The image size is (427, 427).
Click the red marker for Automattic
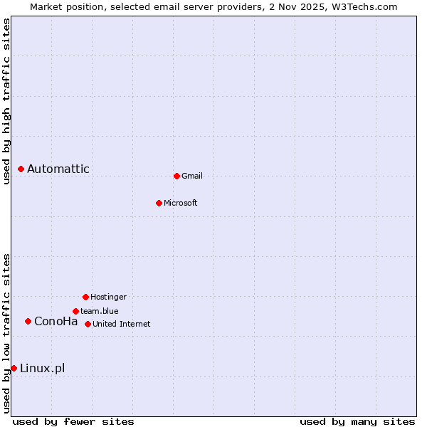tap(21, 169)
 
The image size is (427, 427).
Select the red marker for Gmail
tap(176, 176)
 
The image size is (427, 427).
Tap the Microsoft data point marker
tap(159, 203)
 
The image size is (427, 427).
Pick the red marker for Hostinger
tap(85, 297)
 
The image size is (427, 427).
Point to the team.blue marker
tap(75, 311)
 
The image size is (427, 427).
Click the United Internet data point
tap(88, 324)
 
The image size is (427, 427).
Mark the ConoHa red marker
tap(28, 321)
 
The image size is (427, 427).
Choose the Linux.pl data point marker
tap(14, 368)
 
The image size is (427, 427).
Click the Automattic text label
tap(58, 169)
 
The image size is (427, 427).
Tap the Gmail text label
tap(192, 176)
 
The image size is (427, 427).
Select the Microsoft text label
tap(181, 203)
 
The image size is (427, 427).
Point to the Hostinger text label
tap(108, 297)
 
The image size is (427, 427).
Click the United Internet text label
tap(122, 324)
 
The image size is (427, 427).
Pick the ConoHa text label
tap(56, 321)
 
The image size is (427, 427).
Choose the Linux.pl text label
tap(43, 368)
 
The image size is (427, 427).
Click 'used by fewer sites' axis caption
tap(73, 421)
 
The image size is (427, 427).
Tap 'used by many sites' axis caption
tap(357, 421)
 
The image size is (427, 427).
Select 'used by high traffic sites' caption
tap(6, 101)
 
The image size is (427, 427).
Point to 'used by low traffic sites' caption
tap(6, 333)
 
